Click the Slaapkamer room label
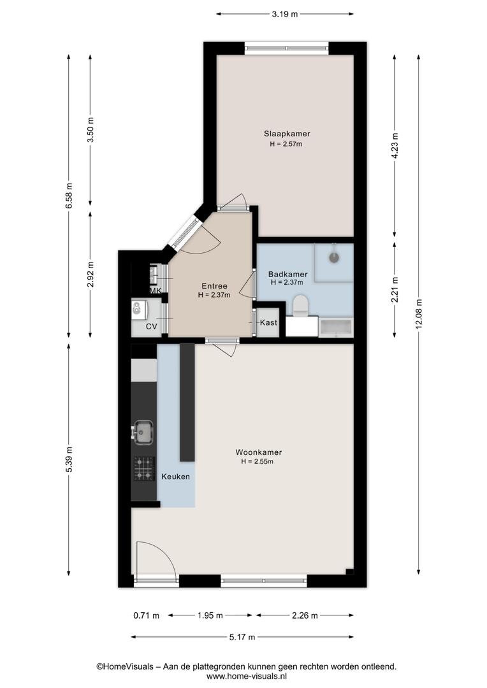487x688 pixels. [287, 134]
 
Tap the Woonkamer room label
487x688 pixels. [259, 452]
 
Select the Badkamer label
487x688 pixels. [287, 274]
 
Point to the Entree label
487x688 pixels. [214, 286]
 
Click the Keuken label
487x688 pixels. [176, 477]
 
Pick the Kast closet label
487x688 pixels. [268, 322]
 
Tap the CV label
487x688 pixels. [152, 326]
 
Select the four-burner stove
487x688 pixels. [145, 469]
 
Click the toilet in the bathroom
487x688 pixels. [301, 306]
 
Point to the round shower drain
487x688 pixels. [335, 257]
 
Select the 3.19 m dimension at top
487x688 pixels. [284, 14]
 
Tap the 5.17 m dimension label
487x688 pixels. [242, 636]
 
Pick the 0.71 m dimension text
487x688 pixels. [146, 615]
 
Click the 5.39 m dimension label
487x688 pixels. [68, 459]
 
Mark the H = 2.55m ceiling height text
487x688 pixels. [258, 462]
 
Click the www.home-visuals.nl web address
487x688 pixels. [246, 676]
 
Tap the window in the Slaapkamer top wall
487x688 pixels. [286, 48]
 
